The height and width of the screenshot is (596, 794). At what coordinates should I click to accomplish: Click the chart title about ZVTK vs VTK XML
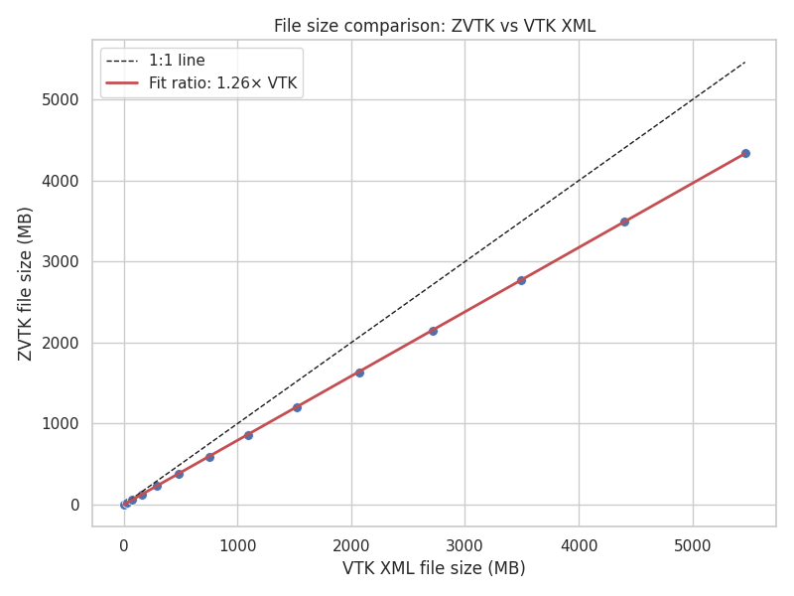click(x=435, y=26)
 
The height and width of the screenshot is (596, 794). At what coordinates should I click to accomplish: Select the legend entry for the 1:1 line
click(x=177, y=61)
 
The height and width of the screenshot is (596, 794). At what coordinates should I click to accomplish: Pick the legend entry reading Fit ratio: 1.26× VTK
click(x=222, y=83)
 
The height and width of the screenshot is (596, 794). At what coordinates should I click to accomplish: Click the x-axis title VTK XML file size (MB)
click(x=434, y=568)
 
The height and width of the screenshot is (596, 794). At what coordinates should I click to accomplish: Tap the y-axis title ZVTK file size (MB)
click(x=26, y=283)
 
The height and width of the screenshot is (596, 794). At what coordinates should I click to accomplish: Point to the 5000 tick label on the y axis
click(x=63, y=99)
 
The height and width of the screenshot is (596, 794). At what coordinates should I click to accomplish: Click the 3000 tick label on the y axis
click(x=63, y=261)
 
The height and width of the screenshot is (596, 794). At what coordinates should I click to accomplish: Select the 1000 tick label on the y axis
click(x=63, y=424)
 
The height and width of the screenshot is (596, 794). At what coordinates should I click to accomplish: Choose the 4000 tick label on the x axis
click(x=579, y=544)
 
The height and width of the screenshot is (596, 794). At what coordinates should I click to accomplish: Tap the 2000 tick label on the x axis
click(x=351, y=544)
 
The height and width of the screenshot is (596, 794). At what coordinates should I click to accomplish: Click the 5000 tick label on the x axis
click(x=693, y=544)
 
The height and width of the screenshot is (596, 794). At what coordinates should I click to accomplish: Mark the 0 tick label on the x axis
click(x=124, y=544)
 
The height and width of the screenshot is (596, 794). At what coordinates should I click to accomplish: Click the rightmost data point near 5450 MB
click(x=745, y=153)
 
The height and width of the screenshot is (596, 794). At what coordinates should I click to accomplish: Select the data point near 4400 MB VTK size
click(x=624, y=222)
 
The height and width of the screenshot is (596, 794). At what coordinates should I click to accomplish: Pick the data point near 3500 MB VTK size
click(x=521, y=280)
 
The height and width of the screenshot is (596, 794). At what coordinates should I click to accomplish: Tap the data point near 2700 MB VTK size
click(x=433, y=331)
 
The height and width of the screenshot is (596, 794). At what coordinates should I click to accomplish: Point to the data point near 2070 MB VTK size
click(x=359, y=372)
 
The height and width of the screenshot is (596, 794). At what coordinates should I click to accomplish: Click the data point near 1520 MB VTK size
click(x=297, y=407)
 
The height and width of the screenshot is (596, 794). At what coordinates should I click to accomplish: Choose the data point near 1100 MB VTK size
click(x=248, y=435)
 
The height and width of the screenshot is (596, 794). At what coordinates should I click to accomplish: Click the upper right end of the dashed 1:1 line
click(x=744, y=62)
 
